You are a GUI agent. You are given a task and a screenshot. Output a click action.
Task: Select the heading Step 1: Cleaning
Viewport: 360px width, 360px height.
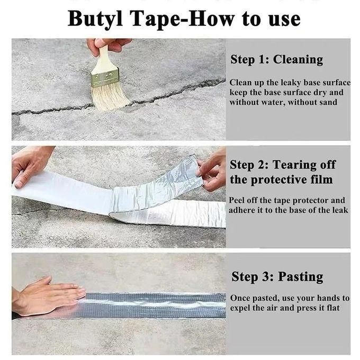[276, 59]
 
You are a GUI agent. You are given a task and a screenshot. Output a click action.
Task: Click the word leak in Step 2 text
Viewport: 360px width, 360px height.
[340, 210]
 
